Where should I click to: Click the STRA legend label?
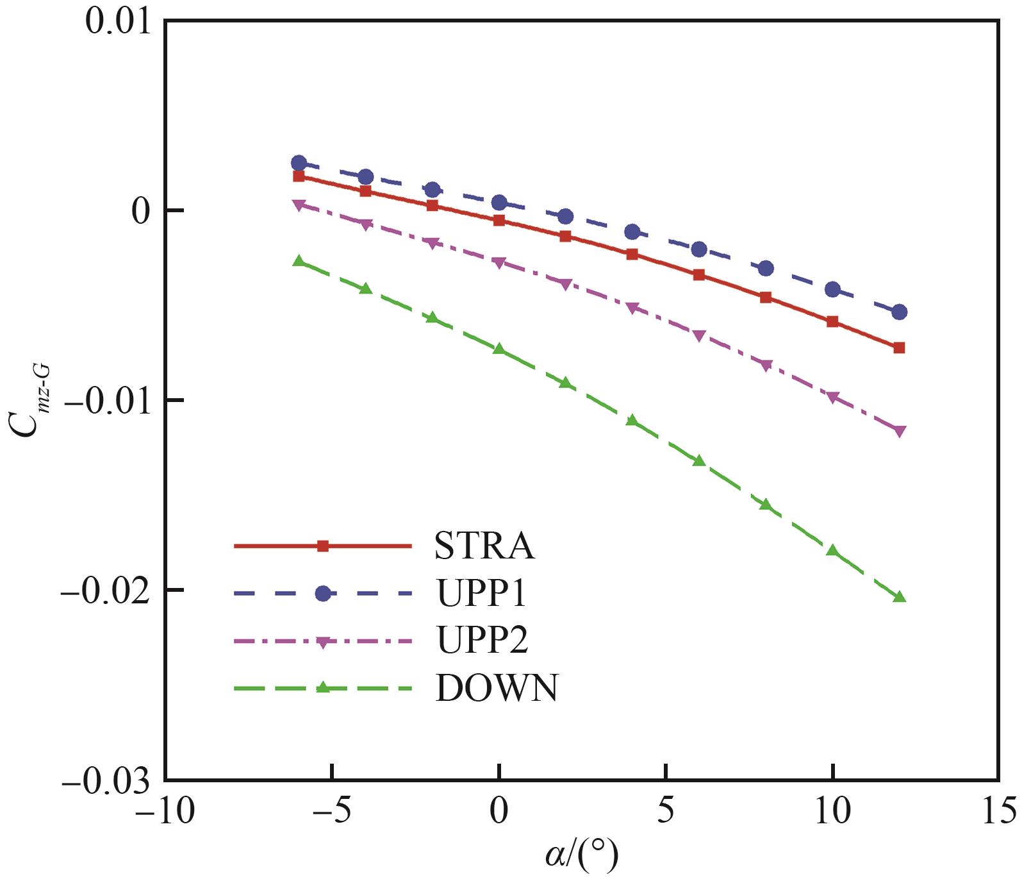click(x=484, y=546)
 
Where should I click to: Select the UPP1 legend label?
click(x=482, y=593)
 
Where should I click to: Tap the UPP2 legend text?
click(x=483, y=640)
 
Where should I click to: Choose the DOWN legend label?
click(x=497, y=688)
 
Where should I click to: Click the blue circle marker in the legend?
click(x=323, y=594)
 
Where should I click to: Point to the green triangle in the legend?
click(x=323, y=688)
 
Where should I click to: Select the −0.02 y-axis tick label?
click(x=105, y=591)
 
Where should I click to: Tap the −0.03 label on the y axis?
click(x=105, y=780)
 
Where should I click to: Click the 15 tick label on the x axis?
click(x=998, y=812)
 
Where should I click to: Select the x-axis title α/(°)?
click(x=582, y=855)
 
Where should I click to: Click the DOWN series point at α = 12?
click(x=899, y=597)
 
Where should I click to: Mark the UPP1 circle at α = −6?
click(x=299, y=163)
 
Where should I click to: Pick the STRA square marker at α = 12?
click(x=899, y=348)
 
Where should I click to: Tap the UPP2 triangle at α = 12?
click(x=899, y=432)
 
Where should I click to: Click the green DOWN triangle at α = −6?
click(x=299, y=261)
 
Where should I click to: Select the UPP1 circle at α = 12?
click(x=899, y=312)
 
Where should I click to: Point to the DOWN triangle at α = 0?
click(x=499, y=349)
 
